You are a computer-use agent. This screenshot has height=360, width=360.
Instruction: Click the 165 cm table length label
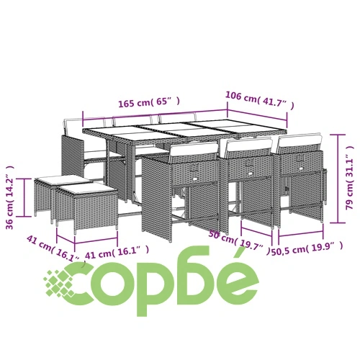pos(149,102)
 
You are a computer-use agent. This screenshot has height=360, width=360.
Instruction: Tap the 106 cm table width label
pos(260,100)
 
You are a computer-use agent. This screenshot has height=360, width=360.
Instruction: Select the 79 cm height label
pos(349,178)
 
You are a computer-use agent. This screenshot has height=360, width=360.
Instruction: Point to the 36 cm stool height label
pos(10,197)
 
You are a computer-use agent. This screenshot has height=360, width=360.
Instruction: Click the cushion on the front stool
pos(87,188)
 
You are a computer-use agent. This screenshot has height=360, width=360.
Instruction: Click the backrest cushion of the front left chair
pos(194,150)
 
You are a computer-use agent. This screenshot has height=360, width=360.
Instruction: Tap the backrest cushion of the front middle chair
pos(250,145)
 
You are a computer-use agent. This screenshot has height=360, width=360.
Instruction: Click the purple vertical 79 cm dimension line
pos(338,179)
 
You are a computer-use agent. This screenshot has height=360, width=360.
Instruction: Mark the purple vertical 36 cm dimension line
pos(24,197)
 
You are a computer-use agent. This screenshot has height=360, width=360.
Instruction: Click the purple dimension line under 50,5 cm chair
pos(301,235)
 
